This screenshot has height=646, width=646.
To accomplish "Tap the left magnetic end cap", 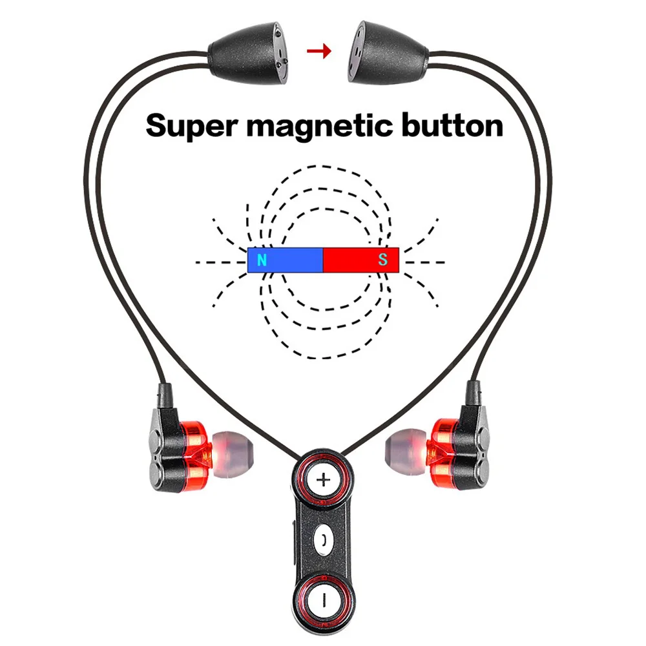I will click(x=249, y=55).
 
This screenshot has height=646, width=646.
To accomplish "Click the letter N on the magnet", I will click(x=262, y=261).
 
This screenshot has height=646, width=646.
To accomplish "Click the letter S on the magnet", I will click(x=383, y=261).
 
